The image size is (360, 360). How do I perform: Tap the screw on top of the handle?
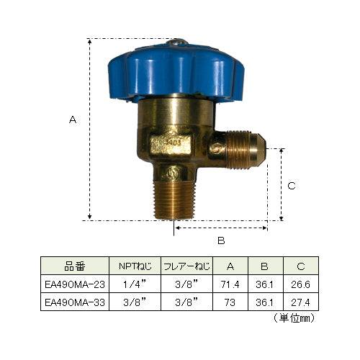(176, 42)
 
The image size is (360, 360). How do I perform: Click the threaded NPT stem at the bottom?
(174, 200)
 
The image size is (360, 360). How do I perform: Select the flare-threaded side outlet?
(245, 149)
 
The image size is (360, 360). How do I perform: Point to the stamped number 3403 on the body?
(174, 142)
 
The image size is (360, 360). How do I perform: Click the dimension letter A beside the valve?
(73, 120)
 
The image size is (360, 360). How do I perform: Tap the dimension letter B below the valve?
(221, 240)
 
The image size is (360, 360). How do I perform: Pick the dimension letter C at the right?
(292, 186)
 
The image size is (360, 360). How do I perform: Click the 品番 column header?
(75, 266)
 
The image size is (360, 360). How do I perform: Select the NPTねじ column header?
(135, 266)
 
